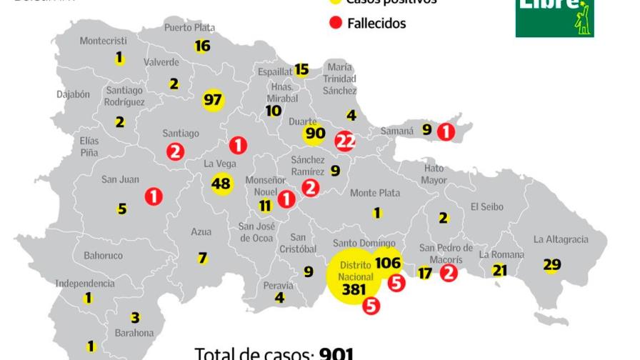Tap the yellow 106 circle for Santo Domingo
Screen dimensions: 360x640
(x=387, y=262)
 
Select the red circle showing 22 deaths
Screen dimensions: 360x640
(x=345, y=141)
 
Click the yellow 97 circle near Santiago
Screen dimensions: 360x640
(x=213, y=99)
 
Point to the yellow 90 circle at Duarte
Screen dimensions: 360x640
(x=314, y=133)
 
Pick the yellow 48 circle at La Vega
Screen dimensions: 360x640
(x=222, y=184)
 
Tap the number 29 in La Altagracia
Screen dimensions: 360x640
(x=551, y=265)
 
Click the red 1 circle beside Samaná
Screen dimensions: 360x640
(x=446, y=131)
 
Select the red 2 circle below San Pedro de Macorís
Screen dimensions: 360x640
(x=449, y=272)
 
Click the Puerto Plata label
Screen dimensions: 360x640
(x=189, y=28)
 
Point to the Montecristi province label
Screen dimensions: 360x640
(x=103, y=41)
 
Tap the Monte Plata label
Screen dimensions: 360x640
(x=375, y=193)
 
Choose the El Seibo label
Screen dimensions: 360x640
(x=486, y=207)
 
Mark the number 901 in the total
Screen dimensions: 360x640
(x=336, y=354)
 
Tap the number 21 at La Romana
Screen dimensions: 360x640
(x=499, y=270)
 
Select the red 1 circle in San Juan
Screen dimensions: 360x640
(x=154, y=196)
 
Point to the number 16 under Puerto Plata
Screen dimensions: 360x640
(x=202, y=46)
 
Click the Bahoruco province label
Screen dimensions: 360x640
(x=103, y=255)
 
